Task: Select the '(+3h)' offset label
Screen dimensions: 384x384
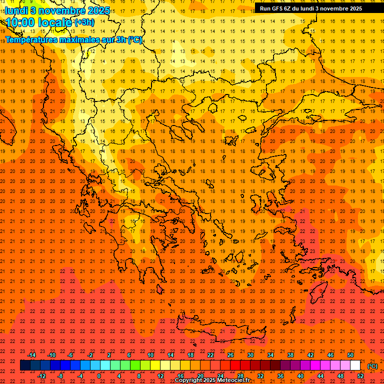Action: [83, 22]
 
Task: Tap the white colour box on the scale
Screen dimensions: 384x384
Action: [355, 365]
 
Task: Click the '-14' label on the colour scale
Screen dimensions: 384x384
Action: [31, 355]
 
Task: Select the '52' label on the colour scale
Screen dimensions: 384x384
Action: [360, 376]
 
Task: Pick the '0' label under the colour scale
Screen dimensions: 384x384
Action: [99, 376]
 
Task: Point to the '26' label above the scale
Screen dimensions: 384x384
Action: [230, 355]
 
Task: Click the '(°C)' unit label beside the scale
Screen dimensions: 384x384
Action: [372, 366]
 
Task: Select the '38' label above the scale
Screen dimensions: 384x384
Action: [290, 355]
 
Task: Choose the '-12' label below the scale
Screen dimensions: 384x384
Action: [41, 376]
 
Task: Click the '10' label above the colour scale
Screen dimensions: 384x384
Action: [150, 355]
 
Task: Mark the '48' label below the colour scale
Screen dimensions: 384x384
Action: [340, 376]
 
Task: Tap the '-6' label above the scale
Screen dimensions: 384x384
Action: [70, 355]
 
